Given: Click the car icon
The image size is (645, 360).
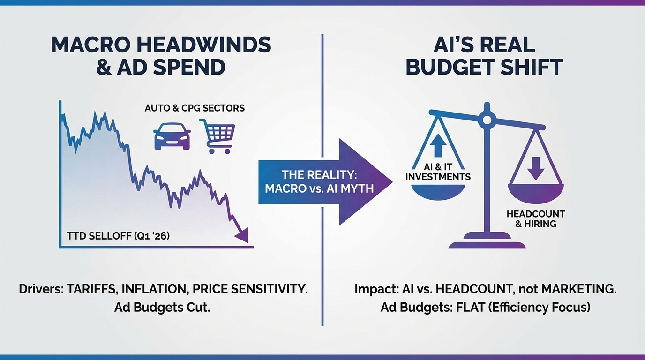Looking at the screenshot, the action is [x=172, y=136].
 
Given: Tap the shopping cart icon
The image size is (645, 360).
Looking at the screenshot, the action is [x=217, y=136].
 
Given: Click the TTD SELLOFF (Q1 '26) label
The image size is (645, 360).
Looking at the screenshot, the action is [x=118, y=236].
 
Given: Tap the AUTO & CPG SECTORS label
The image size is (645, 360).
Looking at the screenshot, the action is [x=195, y=108].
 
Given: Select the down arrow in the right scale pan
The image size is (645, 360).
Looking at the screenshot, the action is [x=535, y=168].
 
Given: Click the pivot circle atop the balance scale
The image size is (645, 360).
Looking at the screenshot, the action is [x=487, y=120].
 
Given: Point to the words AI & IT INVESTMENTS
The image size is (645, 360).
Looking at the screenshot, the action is [x=438, y=172].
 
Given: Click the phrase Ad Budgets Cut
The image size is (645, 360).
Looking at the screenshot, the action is [x=162, y=307].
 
